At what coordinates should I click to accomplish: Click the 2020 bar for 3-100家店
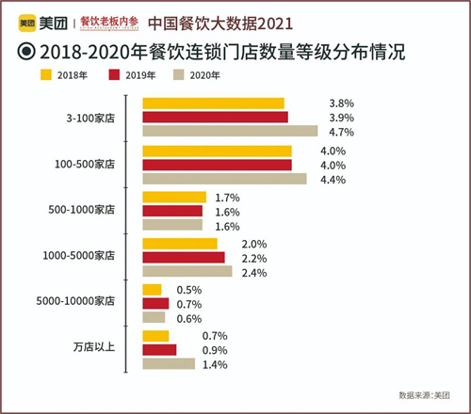(229, 131)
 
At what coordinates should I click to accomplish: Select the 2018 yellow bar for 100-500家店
(216, 151)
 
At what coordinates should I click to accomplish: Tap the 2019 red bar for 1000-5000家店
(183, 257)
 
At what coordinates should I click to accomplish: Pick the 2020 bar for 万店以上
(168, 363)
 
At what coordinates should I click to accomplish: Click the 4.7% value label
(341, 132)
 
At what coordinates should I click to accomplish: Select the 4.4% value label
(333, 179)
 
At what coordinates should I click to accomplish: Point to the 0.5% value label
(189, 289)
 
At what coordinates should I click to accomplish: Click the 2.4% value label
(254, 273)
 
